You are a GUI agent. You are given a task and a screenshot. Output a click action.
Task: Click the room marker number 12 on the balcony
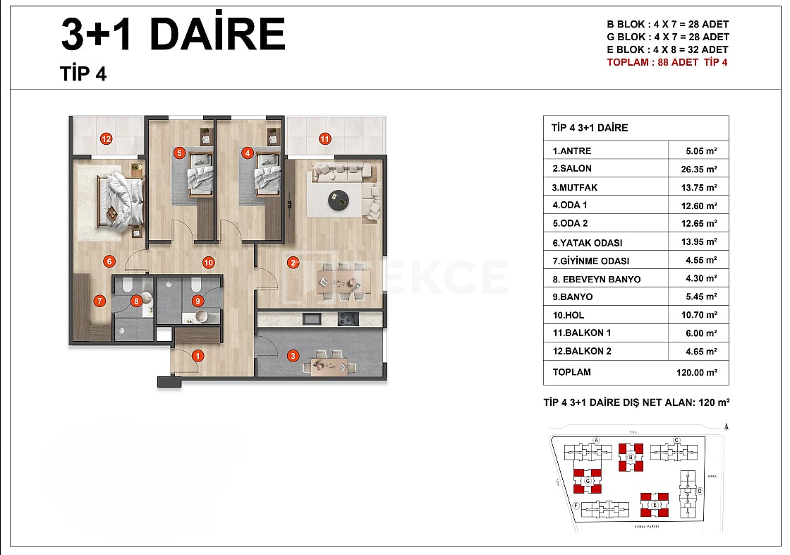(x=107, y=138)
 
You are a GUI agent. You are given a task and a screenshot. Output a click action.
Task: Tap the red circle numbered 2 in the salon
(x=293, y=264)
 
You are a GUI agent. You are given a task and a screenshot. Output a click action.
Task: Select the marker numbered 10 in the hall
(x=208, y=263)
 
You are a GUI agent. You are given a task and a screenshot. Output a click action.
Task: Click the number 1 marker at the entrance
(x=198, y=357)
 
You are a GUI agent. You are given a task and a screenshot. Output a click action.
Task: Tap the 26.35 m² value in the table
(x=701, y=169)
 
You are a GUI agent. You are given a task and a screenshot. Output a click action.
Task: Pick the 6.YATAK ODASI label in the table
(x=587, y=242)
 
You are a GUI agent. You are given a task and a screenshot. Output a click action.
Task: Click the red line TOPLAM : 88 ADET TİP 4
(x=667, y=62)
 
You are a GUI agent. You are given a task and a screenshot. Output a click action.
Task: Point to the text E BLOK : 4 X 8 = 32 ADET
(x=667, y=49)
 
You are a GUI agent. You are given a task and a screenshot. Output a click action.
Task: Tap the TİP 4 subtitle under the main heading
(x=83, y=73)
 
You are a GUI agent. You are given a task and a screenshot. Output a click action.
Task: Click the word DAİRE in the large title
(x=217, y=33)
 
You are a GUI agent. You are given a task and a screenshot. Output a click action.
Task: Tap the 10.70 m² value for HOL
(x=701, y=315)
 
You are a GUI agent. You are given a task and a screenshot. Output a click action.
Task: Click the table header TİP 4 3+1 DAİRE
(x=590, y=128)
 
